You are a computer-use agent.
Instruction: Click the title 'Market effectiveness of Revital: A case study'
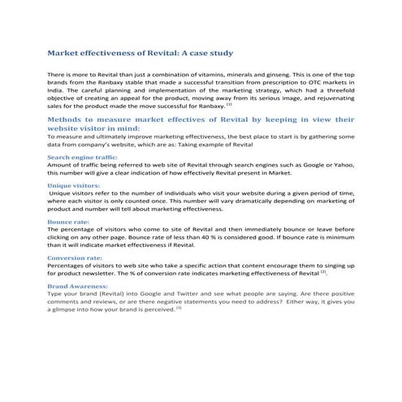(140, 53)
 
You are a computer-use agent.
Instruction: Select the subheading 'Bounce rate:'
(68, 222)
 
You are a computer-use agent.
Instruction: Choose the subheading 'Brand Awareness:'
(78, 287)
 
